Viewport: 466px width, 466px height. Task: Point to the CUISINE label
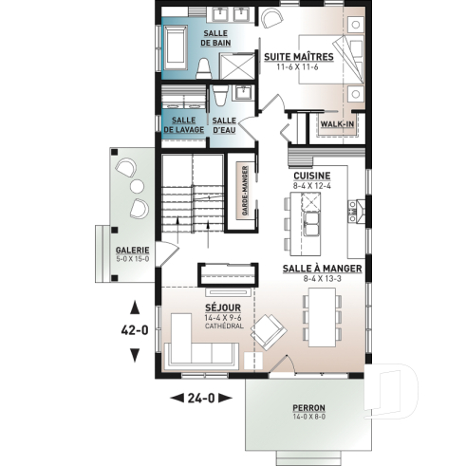click(x=310, y=176)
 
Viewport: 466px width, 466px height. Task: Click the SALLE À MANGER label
click(x=326, y=269)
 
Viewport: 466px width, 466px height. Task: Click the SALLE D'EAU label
click(x=225, y=124)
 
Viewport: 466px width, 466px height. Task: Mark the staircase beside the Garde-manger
click(x=193, y=194)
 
